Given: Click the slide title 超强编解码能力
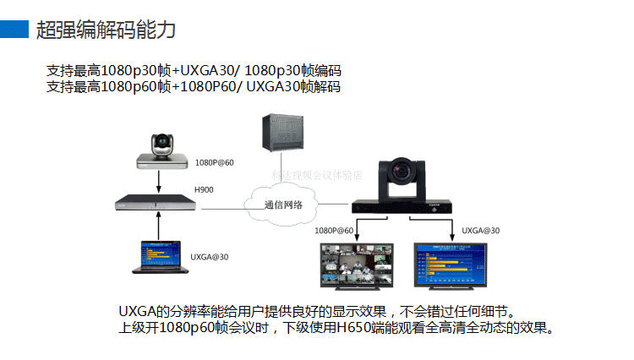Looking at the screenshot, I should click(x=106, y=30).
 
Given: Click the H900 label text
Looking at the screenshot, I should click(x=204, y=189).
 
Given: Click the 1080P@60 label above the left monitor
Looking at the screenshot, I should click(x=334, y=230).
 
